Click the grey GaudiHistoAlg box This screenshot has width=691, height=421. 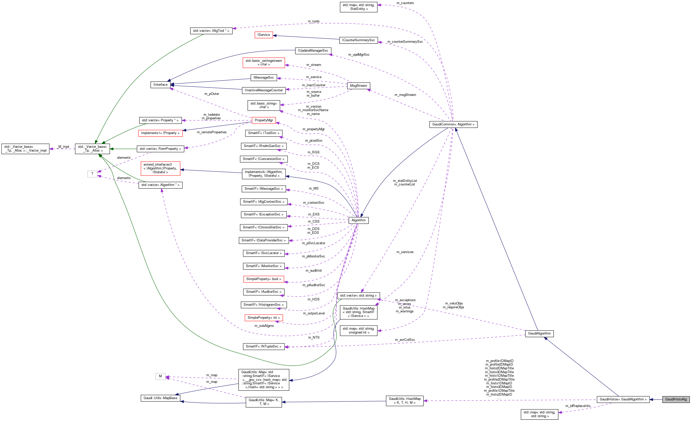[676, 399]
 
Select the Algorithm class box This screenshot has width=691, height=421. [358, 220]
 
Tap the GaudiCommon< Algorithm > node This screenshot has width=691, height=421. [453, 124]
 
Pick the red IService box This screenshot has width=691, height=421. [264, 35]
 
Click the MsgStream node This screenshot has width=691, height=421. [358, 86]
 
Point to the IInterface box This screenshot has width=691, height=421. [160, 84]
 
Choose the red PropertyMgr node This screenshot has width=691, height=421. [264, 120]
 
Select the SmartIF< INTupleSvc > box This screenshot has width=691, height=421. [264, 346]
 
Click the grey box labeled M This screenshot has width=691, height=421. [160, 376]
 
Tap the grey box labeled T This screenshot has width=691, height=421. [92, 173]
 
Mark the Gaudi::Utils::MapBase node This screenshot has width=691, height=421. [160, 398]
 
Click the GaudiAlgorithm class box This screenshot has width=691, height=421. [539, 333]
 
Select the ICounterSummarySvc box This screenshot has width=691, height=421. [358, 40]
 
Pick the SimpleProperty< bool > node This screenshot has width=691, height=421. [264, 279]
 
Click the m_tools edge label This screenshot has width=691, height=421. [313, 21]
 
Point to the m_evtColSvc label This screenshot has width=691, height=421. [405, 340]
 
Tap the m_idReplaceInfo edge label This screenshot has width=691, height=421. [578, 406]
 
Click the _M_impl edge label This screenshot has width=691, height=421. [63, 147]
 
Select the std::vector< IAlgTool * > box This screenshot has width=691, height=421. [211, 31]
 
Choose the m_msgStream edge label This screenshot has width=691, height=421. [405, 95]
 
